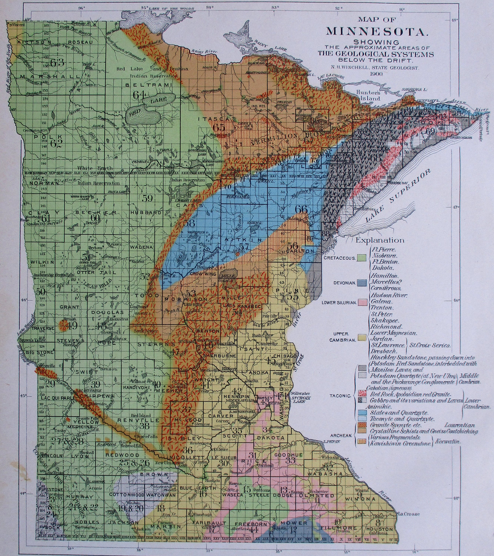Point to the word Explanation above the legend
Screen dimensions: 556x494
click(x=380, y=240)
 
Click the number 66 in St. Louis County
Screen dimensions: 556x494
click(x=301, y=209)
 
